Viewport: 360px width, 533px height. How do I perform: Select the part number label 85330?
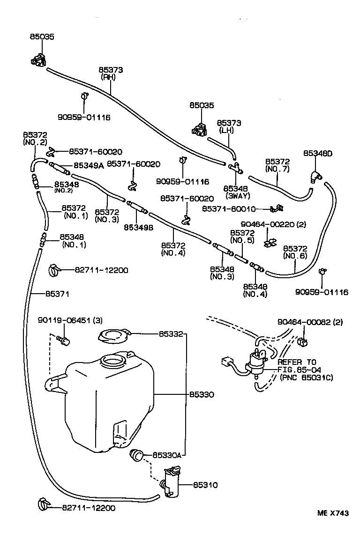click(202, 395)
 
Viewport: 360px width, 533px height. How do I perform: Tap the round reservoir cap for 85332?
click(112, 336)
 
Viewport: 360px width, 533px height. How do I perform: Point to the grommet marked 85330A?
click(136, 454)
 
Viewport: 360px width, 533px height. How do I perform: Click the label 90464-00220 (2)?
click(273, 224)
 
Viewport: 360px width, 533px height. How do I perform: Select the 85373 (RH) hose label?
click(111, 74)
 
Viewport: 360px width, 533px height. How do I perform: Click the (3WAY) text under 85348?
click(238, 195)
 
